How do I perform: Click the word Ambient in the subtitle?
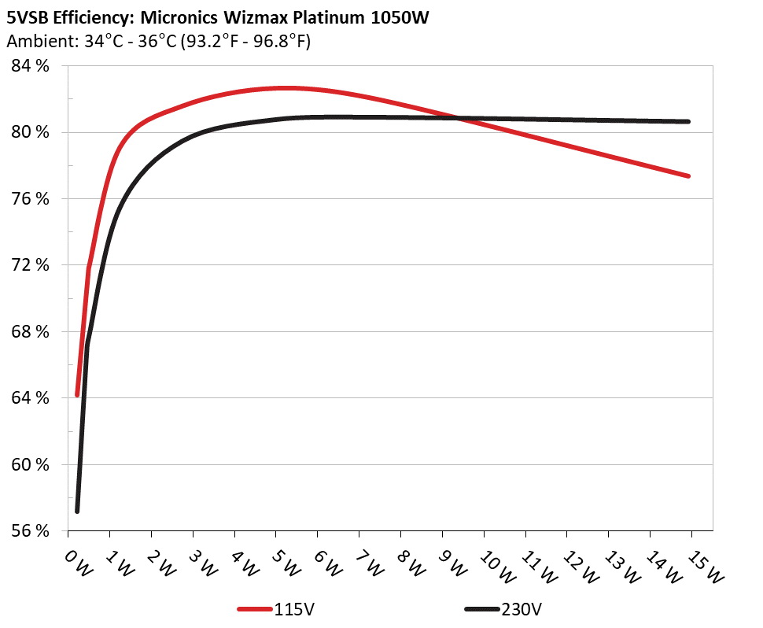[x=35, y=42]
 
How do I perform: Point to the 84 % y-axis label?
[x=31, y=66]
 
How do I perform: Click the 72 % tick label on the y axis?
[x=31, y=265]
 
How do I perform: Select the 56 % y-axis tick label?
[x=31, y=530]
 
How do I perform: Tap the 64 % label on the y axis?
[x=31, y=398]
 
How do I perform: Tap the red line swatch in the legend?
[x=256, y=609]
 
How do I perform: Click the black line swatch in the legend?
[x=482, y=609]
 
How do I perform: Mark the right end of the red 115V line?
[x=688, y=176]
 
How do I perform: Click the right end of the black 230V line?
[x=688, y=121]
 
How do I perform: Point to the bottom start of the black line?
[x=77, y=512]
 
